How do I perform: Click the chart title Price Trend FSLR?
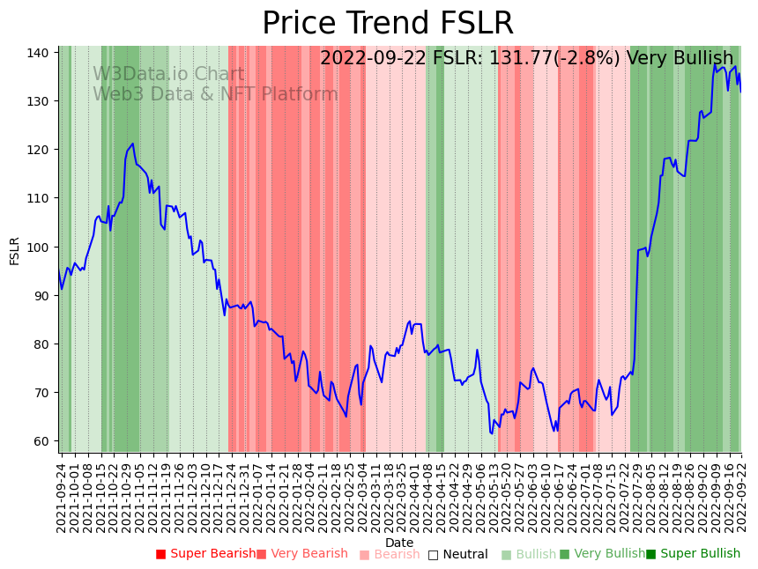tap(388, 24)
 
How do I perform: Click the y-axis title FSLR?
tap(14, 251)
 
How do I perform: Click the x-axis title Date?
tap(399, 543)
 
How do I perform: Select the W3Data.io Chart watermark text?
tap(168, 74)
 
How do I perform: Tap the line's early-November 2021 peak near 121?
tap(132, 144)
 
